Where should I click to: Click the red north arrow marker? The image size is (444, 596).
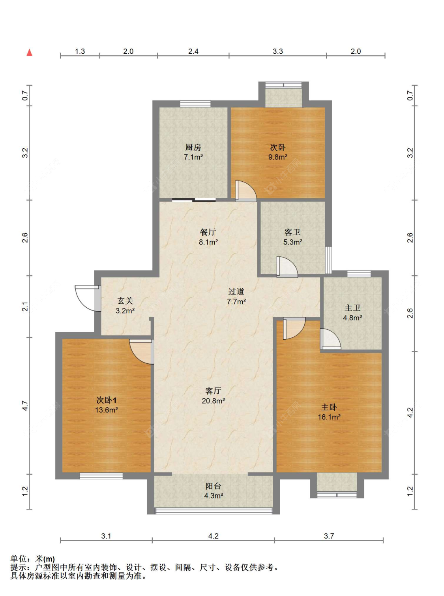pyautogui.click(x=29, y=53)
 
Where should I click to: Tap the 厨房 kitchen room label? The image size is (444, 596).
pyautogui.click(x=193, y=147)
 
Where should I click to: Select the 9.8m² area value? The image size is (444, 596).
pyautogui.click(x=278, y=157)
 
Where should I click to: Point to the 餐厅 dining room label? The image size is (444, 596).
pyautogui.click(x=208, y=232)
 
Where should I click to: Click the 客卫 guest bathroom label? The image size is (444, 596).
pyautogui.click(x=292, y=232)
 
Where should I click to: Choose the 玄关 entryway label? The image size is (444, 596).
pyautogui.click(x=125, y=301)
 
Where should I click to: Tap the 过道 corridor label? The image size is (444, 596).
pyautogui.click(x=236, y=291)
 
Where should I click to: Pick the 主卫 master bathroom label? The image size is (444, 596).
pyautogui.click(x=352, y=308)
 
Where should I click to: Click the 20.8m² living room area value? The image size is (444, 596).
pyautogui.click(x=213, y=401)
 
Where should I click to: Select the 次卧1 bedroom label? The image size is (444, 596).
pyautogui.click(x=106, y=400)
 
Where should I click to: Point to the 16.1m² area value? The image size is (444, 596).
pyautogui.click(x=329, y=417)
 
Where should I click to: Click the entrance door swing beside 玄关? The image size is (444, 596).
pyautogui.click(x=87, y=298)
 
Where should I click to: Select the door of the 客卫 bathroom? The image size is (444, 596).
pyautogui.click(x=287, y=267)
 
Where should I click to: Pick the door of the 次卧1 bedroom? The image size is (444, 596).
pyautogui.click(x=141, y=352)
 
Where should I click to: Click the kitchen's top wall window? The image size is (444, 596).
pyautogui.click(x=195, y=104)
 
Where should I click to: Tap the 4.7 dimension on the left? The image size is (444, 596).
pyautogui.click(x=25, y=406)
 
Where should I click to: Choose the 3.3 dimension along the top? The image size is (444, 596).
pyautogui.click(x=278, y=51)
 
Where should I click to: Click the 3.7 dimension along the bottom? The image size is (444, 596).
pyautogui.click(x=329, y=536)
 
